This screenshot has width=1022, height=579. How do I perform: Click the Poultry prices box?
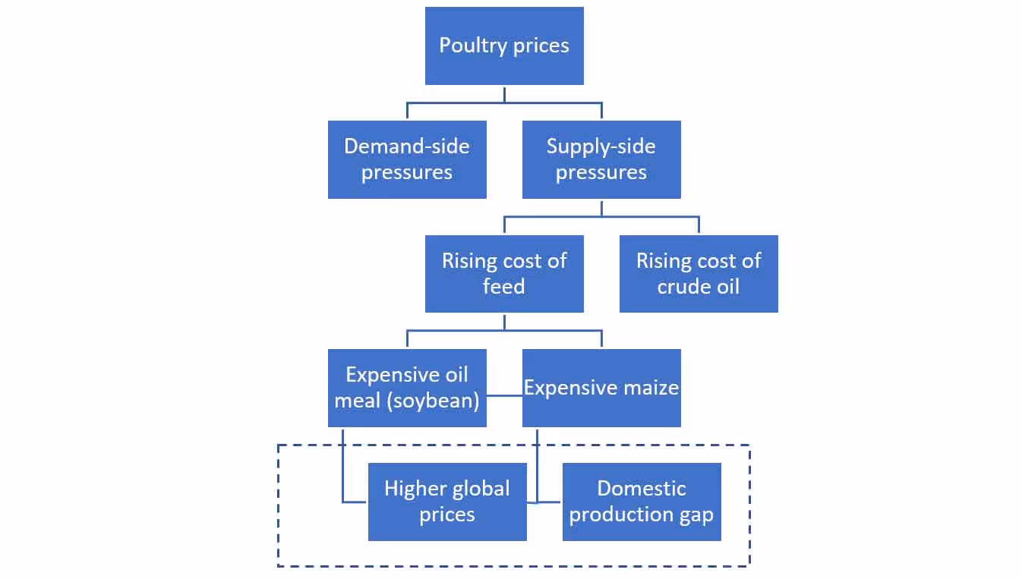click(x=504, y=46)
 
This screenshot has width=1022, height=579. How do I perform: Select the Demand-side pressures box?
click(x=407, y=159)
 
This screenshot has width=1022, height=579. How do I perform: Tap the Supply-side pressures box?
click(x=601, y=159)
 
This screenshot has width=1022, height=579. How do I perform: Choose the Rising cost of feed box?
click(x=504, y=273)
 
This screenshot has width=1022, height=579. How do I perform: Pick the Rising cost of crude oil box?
click(x=699, y=273)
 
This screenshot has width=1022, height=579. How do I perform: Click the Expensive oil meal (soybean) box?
click(x=407, y=388)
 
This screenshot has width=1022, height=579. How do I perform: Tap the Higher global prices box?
click(x=447, y=502)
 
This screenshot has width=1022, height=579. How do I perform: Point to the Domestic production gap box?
click(x=642, y=502)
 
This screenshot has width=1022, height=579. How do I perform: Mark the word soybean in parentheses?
click(x=435, y=401)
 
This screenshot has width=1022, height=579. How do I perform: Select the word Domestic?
click(x=642, y=489)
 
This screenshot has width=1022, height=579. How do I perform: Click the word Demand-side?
click(x=407, y=146)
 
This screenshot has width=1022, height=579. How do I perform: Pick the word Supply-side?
click(x=601, y=146)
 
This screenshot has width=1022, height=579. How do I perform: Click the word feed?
click(x=504, y=287)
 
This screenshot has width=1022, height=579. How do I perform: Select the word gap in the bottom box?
click(x=697, y=514)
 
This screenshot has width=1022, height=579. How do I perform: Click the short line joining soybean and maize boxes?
click(x=504, y=395)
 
